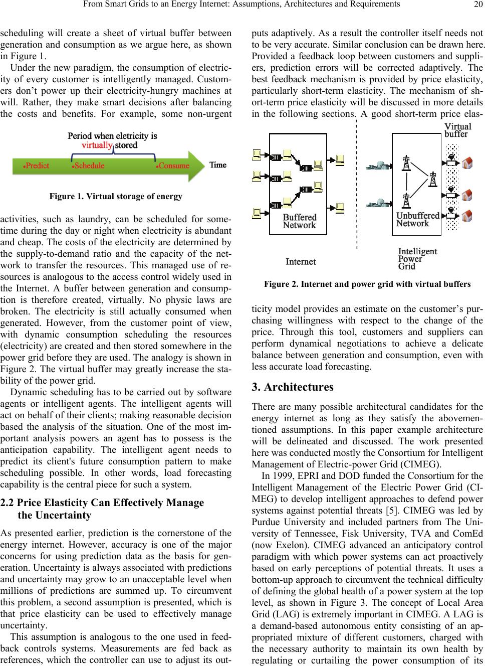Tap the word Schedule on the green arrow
[89, 165]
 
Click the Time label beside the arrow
[218, 165]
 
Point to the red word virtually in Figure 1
[96, 145]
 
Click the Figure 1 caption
[116, 196]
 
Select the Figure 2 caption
[367, 284]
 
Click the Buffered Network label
[300, 221]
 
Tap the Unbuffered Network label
[417, 219]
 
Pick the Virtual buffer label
[458, 130]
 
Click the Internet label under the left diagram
[301, 261]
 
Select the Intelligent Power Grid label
[417, 259]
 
